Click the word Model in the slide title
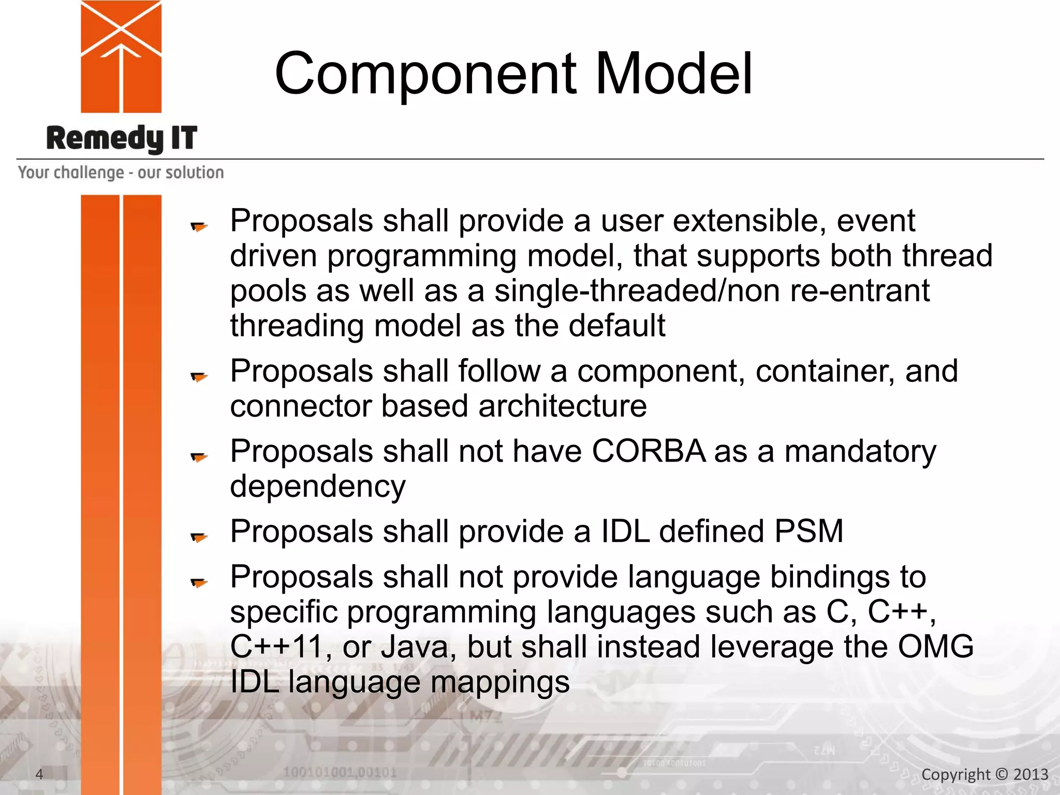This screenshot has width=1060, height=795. pos(674,74)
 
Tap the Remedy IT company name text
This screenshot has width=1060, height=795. pos(122,138)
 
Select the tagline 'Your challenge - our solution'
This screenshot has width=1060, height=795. pos(121,172)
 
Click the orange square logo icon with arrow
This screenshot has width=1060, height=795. pos(121,56)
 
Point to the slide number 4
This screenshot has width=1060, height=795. pos(39,774)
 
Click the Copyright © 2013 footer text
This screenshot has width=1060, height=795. pos(984,774)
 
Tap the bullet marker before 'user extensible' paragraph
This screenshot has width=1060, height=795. pos(199,226)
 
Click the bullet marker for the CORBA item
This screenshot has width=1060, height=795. pos(199,457)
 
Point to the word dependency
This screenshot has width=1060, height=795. pos(318,487)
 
